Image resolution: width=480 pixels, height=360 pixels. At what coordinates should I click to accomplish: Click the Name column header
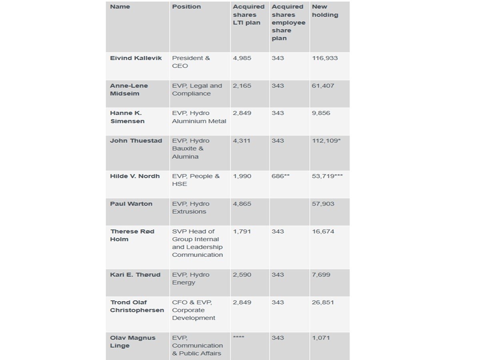click(x=120, y=7)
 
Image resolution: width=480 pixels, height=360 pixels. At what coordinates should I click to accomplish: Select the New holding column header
click(x=325, y=11)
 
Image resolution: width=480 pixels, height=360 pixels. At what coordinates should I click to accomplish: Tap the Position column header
click(x=186, y=7)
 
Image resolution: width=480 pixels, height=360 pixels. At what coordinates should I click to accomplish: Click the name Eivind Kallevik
click(x=136, y=58)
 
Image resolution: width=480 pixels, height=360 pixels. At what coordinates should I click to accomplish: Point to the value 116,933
click(x=325, y=58)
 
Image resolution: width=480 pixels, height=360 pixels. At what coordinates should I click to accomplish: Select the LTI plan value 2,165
click(x=242, y=86)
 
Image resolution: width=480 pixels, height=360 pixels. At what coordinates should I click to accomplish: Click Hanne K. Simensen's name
click(x=127, y=117)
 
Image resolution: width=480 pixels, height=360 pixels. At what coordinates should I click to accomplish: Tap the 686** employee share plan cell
click(x=280, y=176)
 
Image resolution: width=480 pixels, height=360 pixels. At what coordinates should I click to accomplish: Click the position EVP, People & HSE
click(x=196, y=180)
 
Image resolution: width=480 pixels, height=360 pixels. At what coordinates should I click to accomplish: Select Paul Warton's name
click(x=131, y=204)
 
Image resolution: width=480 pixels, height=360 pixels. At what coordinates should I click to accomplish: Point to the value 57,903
click(x=323, y=204)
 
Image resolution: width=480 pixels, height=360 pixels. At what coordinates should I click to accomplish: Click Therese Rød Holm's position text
click(x=197, y=243)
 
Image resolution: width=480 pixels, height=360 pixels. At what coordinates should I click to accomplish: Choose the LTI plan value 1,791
click(x=242, y=231)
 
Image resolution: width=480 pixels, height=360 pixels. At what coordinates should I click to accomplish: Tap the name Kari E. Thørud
click(x=135, y=274)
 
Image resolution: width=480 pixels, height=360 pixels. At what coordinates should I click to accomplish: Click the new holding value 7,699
click(x=321, y=274)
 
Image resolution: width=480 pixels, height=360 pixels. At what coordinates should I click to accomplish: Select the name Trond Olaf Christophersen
click(x=137, y=306)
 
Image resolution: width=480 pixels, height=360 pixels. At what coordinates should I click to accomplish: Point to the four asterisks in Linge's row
click(x=238, y=338)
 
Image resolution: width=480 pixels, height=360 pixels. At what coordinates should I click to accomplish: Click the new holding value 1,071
click(x=321, y=338)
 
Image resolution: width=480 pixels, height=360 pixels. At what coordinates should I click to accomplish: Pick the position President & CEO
click(x=191, y=62)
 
